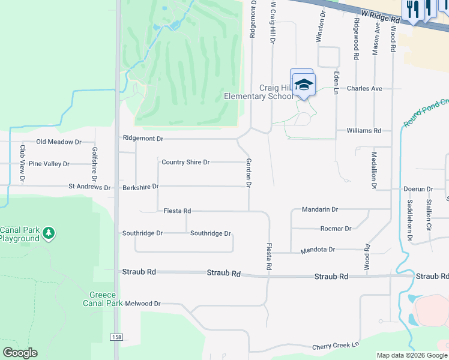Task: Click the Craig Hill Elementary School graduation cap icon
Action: [304, 85]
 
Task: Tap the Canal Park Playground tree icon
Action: [49, 233]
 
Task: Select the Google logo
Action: [20, 353]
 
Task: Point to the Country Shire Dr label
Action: [185, 162]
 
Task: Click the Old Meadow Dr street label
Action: [58, 142]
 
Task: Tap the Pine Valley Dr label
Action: [49, 164]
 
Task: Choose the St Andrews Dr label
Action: [89, 188]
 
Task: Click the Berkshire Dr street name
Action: [140, 187]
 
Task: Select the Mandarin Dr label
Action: [320, 210]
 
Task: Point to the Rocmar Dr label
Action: [336, 229]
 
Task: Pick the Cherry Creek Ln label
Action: [336, 347]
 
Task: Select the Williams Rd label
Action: [364, 130]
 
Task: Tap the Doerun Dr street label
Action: [418, 189]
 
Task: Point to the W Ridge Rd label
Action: [381, 15]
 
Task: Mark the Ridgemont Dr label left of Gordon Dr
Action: [143, 138]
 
